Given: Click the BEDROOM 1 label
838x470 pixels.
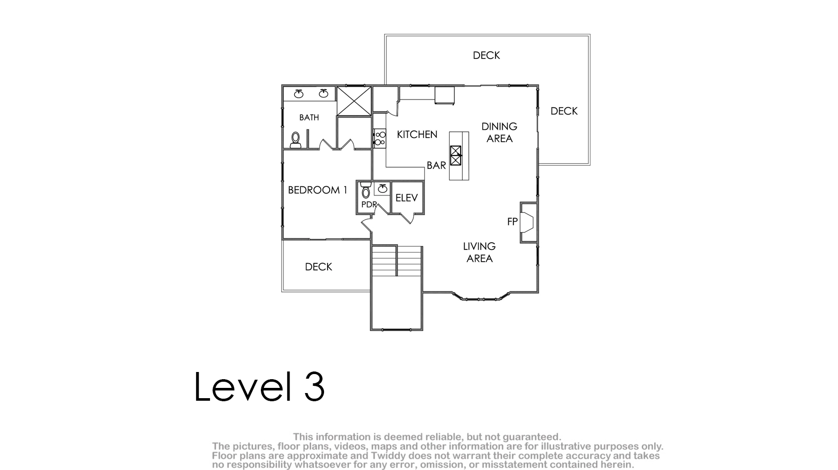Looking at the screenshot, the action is [x=318, y=190].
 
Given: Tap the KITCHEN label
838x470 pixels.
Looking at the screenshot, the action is [x=417, y=134].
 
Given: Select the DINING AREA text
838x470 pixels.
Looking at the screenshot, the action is [x=499, y=132].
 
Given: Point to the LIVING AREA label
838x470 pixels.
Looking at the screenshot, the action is [x=479, y=252].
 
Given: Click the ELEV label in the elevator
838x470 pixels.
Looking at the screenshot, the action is [x=406, y=198].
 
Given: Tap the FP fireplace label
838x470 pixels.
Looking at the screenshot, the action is [x=512, y=222].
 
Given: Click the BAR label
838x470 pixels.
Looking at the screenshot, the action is [x=436, y=165].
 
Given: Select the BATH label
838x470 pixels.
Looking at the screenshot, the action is [x=309, y=117].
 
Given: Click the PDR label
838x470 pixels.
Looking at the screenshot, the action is [x=369, y=205].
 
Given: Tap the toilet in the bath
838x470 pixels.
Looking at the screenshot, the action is [x=296, y=140].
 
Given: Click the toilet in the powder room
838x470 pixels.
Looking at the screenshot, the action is [x=366, y=190].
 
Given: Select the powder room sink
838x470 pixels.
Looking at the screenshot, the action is [x=383, y=188].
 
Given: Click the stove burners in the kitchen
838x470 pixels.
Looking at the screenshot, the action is [x=380, y=139].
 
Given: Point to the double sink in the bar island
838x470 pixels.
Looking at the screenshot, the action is [x=455, y=155].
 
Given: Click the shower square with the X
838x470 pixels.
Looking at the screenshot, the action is [x=354, y=101].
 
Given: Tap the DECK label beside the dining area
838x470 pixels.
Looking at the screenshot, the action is [x=564, y=111].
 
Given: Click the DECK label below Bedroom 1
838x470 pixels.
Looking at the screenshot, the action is [x=318, y=267].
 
